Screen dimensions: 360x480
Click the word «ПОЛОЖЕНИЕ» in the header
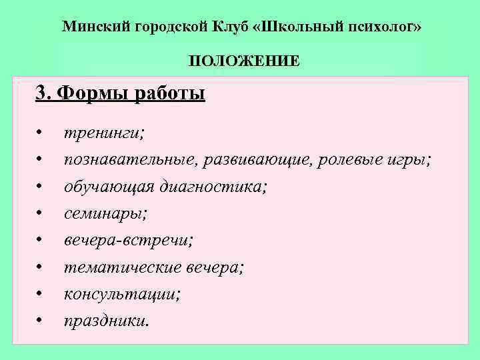[243, 62]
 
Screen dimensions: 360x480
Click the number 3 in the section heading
[41, 92]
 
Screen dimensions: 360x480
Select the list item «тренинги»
[103, 133]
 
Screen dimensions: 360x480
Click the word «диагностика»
[213, 187]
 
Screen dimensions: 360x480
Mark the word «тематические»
[121, 267]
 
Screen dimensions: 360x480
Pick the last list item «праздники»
[106, 321]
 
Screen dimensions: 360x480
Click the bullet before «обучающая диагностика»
[41, 187]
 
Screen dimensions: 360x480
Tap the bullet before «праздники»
[41, 321]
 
